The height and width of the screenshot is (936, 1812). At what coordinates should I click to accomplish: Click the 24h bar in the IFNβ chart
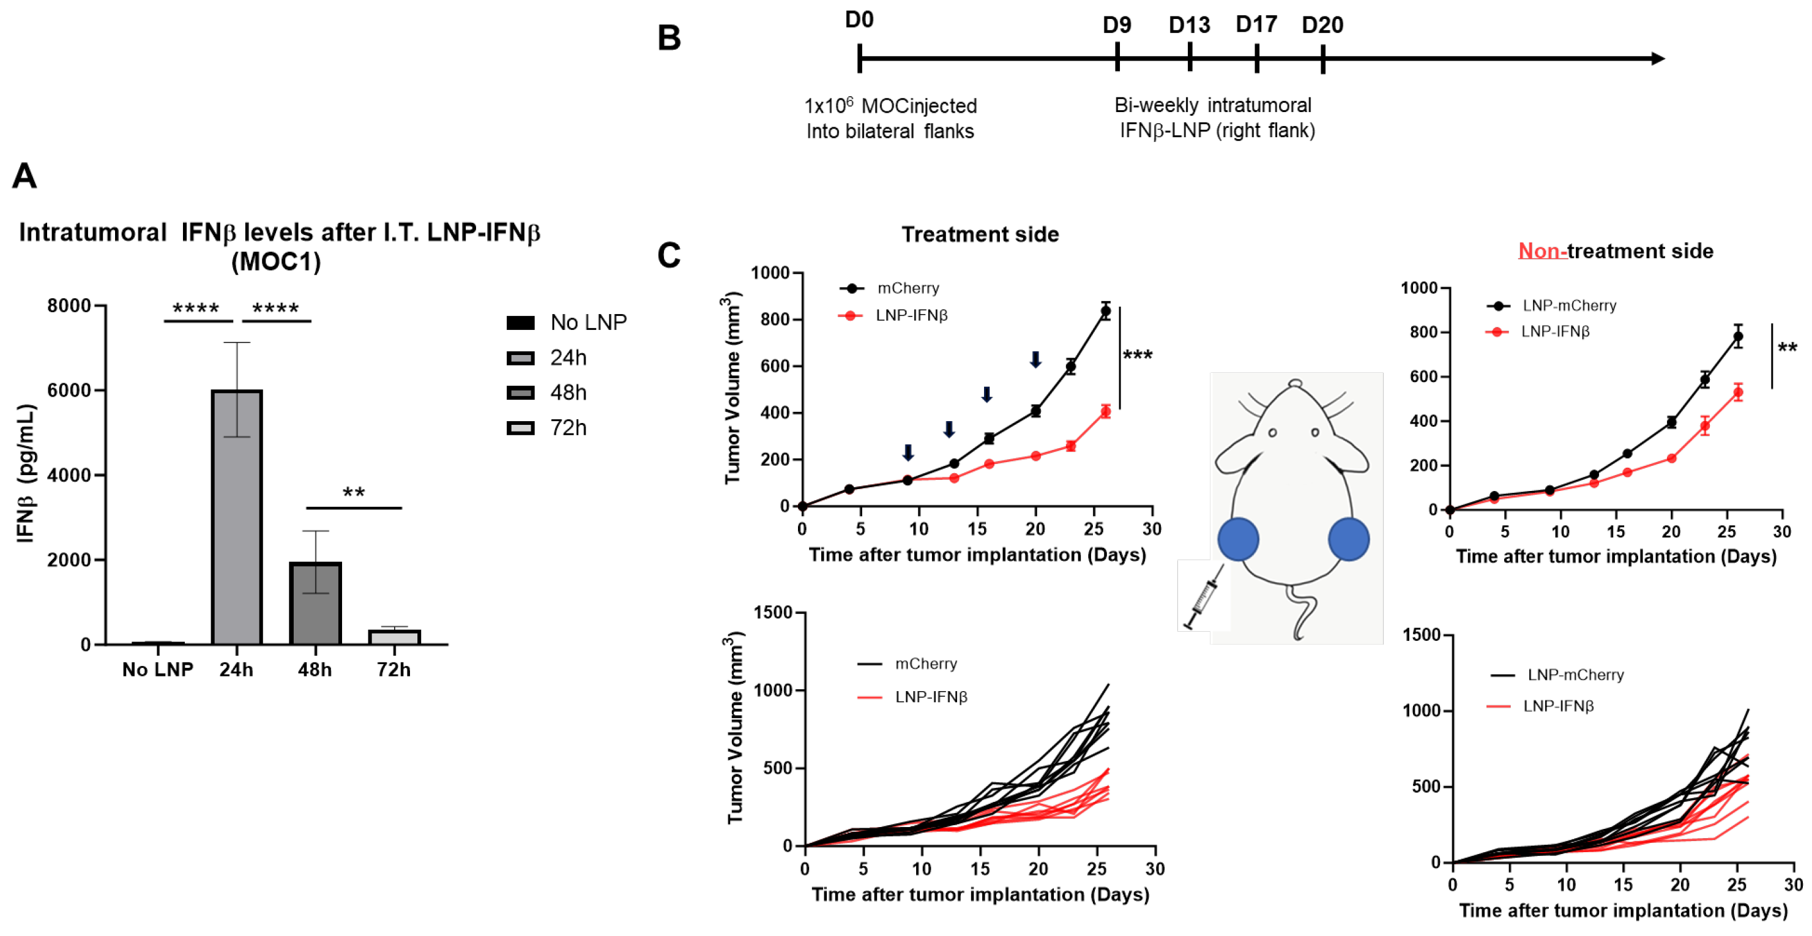click(x=237, y=517)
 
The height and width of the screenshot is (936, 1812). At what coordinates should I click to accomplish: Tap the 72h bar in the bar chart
click(x=394, y=636)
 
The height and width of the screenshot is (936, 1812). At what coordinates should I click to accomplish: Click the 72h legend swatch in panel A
click(x=521, y=428)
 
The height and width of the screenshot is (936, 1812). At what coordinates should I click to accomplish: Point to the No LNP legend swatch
click(x=521, y=323)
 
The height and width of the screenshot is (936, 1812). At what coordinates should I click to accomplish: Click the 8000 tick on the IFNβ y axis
click(x=69, y=305)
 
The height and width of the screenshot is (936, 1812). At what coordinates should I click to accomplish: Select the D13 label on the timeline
click(x=1189, y=25)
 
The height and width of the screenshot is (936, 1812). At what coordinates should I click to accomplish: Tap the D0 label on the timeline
click(x=859, y=20)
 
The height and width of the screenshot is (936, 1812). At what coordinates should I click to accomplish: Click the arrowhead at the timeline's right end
click(x=1657, y=58)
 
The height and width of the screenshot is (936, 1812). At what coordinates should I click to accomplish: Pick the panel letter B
click(x=669, y=38)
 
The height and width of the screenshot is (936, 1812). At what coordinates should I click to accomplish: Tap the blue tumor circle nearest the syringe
click(x=1238, y=539)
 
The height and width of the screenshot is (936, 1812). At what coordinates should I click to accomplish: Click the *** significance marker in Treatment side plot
click(x=1138, y=356)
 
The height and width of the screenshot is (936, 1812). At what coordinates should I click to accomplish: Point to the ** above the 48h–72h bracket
click(x=354, y=493)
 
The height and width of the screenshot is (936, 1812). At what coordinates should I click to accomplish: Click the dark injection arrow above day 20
click(x=1035, y=359)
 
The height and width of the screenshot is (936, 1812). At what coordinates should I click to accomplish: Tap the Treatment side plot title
click(x=980, y=234)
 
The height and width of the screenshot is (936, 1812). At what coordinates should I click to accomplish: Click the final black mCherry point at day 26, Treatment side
click(x=1106, y=310)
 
